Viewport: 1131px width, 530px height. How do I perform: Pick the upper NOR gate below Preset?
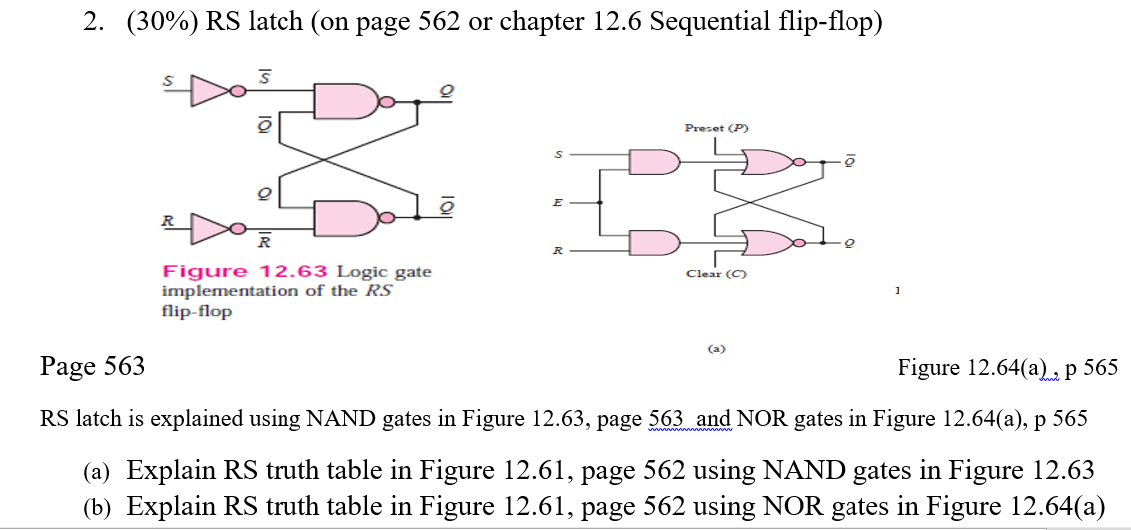point(766,160)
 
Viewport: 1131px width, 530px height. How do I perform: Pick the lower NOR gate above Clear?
point(766,242)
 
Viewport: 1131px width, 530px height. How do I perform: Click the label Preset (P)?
point(715,128)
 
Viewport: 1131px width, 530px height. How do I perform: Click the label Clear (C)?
point(715,273)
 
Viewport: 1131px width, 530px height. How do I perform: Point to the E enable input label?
point(560,201)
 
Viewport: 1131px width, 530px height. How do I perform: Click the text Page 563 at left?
point(92,367)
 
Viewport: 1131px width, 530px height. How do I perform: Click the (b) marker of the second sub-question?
point(97,505)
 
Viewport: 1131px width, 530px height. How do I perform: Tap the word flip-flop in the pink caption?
point(196,311)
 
